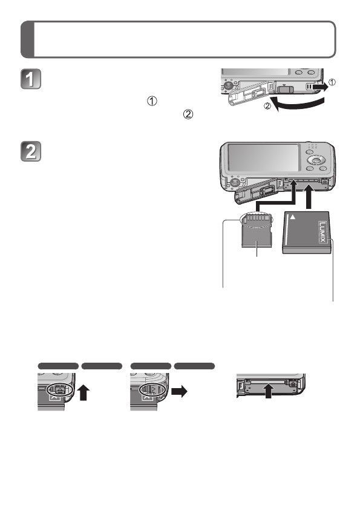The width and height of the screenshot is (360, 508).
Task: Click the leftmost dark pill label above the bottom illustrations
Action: coord(58,366)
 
